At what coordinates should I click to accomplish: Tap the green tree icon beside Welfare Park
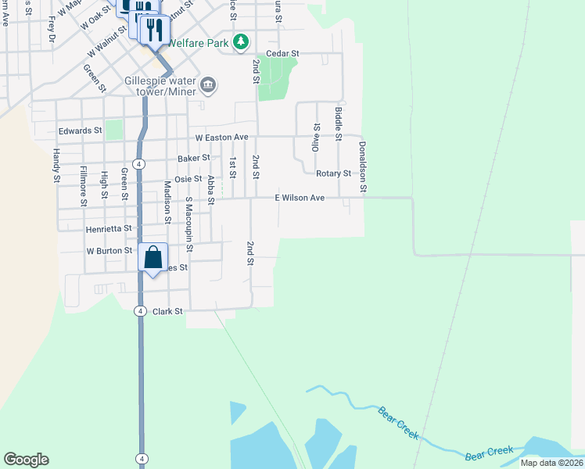pos(242,41)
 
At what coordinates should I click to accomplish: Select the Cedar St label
pos(282,53)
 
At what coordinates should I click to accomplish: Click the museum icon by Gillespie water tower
pos(208,84)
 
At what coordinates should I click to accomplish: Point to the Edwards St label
pos(80,131)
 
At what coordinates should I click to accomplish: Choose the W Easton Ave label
pos(221,138)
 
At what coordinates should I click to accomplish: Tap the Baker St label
pos(193,158)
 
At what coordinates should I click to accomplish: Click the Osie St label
pos(187,179)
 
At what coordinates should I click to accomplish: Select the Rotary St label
pos(333,174)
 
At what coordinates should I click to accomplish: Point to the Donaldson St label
pos(363,167)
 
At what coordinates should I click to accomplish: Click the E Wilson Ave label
pos(300,199)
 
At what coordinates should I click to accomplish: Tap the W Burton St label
pos(109,252)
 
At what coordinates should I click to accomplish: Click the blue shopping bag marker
pos(153,257)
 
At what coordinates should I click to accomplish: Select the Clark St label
pos(167,311)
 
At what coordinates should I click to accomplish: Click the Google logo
pos(27,460)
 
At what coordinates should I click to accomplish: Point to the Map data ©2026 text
pos(551,463)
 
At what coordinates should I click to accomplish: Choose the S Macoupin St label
pos(188,222)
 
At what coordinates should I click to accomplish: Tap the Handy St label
pos(56,166)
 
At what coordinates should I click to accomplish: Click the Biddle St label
pos(339,124)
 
